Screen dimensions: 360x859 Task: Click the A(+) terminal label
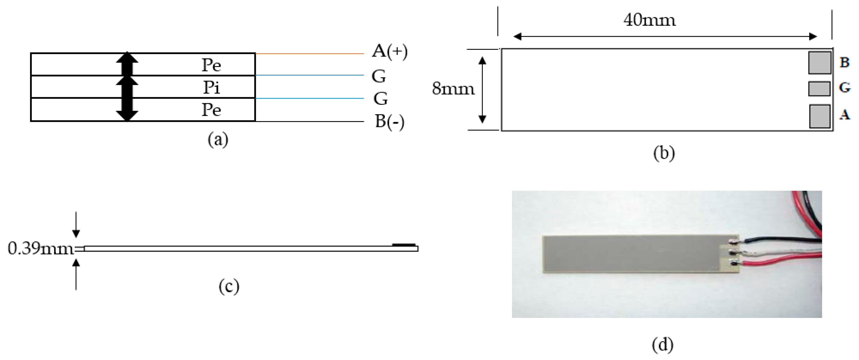click(389, 52)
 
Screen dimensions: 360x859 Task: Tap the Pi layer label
click(212, 87)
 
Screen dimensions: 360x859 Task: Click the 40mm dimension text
click(650, 20)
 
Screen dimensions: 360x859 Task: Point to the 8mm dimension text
click(453, 89)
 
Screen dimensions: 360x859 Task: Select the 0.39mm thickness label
click(40, 249)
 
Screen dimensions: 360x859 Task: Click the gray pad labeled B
click(819, 62)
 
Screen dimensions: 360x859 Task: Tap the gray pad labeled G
click(819, 89)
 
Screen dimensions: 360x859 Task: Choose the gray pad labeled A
click(819, 116)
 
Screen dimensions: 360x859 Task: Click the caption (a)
click(218, 139)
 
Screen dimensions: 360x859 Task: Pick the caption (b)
click(664, 153)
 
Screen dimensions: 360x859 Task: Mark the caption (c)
click(229, 287)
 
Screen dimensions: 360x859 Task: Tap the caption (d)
click(662, 345)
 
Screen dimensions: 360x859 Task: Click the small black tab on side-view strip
click(403, 245)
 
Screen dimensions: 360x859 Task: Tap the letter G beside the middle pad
click(845, 88)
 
